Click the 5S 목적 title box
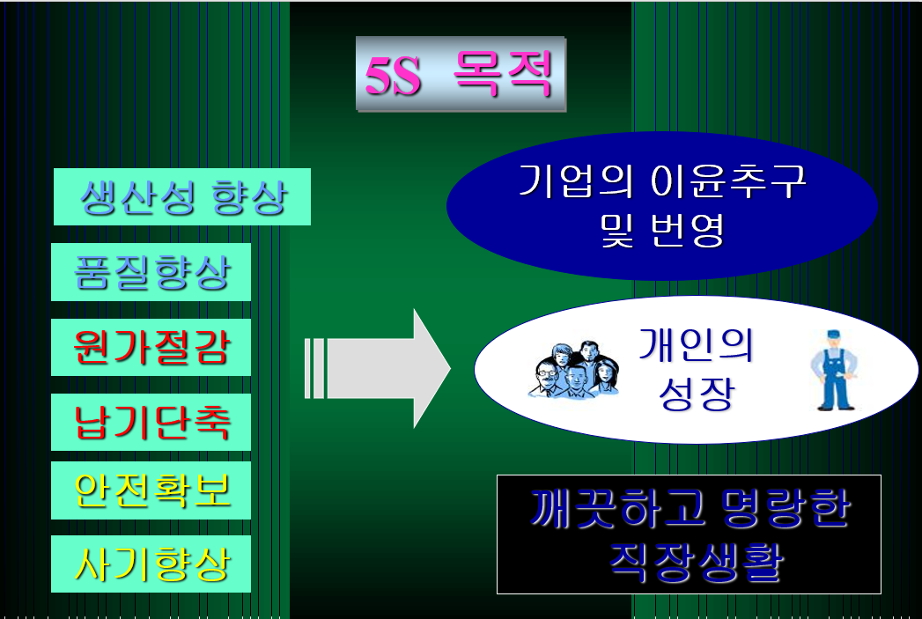[x=460, y=74]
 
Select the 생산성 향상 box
[x=182, y=196]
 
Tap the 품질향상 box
[x=151, y=272]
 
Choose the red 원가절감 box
[x=151, y=348]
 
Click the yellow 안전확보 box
[x=151, y=490]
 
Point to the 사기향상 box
[x=151, y=564]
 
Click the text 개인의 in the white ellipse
[x=697, y=345]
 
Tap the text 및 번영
[x=662, y=230]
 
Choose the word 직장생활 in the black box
[x=689, y=561]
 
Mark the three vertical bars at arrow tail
[x=314, y=368]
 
